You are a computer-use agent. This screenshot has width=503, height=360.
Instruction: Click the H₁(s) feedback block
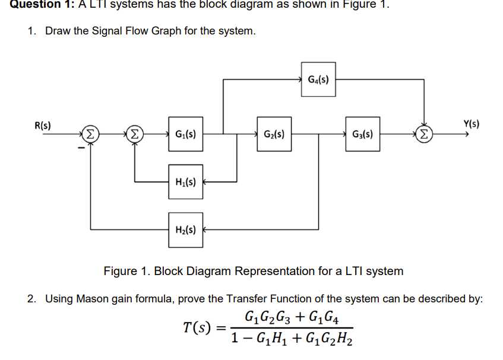[x=185, y=181]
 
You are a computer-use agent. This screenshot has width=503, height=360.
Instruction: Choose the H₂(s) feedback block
[x=185, y=229]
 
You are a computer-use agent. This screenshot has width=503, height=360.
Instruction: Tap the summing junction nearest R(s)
[x=91, y=134]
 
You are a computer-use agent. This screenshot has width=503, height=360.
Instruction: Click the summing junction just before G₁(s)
[x=135, y=134]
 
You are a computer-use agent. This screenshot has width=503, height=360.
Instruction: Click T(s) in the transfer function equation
[x=197, y=327]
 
